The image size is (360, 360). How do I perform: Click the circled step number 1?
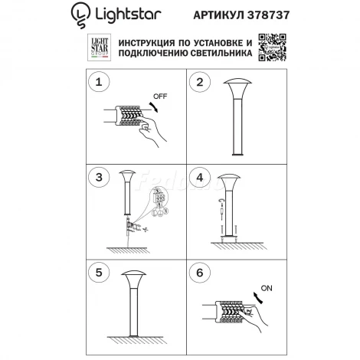point(96,82)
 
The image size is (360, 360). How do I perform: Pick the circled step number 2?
point(199,82)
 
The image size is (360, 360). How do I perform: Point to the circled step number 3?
point(96,178)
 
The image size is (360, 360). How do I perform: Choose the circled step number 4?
point(199,178)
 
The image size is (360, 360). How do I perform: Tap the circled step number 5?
point(96,272)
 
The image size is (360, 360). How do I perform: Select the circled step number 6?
point(199,272)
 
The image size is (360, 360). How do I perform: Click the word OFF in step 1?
point(161,97)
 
